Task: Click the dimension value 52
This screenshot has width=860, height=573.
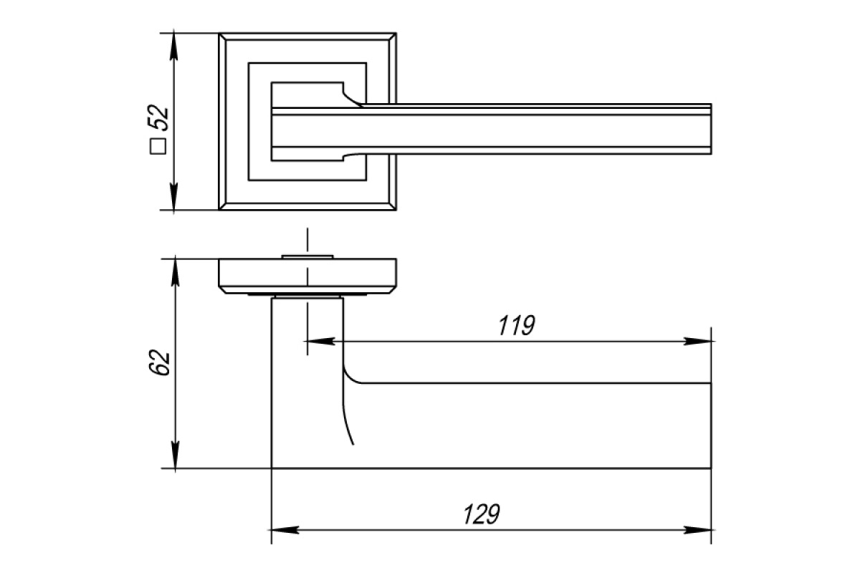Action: click(x=158, y=117)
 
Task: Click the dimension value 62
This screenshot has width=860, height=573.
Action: click(x=159, y=362)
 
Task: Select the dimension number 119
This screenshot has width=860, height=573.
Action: click(x=517, y=325)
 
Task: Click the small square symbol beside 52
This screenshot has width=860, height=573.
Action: click(x=158, y=147)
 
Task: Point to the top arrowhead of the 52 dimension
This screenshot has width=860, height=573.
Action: click(x=174, y=47)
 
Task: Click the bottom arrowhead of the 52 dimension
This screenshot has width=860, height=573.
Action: click(x=174, y=196)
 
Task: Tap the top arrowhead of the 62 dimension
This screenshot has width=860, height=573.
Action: click(x=175, y=272)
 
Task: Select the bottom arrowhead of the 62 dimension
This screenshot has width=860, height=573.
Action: click(x=175, y=455)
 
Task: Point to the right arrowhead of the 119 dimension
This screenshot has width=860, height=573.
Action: click(x=697, y=341)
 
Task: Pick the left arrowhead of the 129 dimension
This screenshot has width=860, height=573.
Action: click(x=285, y=530)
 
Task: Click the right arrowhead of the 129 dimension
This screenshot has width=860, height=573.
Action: click(x=697, y=530)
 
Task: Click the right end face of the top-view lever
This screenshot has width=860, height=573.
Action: click(x=711, y=129)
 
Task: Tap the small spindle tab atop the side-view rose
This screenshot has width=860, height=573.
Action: click(x=307, y=256)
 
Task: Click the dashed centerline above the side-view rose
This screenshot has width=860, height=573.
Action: click(x=307, y=242)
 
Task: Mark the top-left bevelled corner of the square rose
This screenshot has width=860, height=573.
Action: click(x=222, y=37)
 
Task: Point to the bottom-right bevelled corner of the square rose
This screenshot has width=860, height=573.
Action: click(x=393, y=206)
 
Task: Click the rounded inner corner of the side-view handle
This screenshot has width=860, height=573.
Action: click(x=348, y=377)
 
